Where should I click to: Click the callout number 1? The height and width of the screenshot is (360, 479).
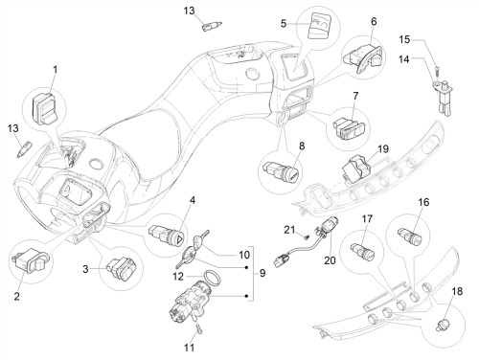tap(55, 70)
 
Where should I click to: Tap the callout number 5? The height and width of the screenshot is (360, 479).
tap(284, 24)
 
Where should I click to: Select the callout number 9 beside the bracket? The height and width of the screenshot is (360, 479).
tap(262, 273)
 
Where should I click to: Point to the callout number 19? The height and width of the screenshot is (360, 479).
tap(383, 149)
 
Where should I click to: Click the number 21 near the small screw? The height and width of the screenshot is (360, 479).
tap(289, 230)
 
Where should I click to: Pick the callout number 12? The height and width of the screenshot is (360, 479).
tap(178, 277)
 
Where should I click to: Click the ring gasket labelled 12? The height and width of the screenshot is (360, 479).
tap(213, 277)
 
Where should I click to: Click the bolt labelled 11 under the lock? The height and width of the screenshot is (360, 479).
tap(198, 328)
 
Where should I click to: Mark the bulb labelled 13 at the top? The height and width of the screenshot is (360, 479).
tap(212, 26)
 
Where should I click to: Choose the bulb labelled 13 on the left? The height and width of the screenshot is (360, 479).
tap(24, 148)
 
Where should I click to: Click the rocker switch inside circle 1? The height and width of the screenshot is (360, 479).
tap(44, 109)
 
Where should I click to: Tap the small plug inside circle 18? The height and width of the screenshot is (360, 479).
tap(443, 326)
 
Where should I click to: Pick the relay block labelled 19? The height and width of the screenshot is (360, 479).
tap(356, 167)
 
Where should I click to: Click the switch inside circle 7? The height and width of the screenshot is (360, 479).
tap(351, 128)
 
